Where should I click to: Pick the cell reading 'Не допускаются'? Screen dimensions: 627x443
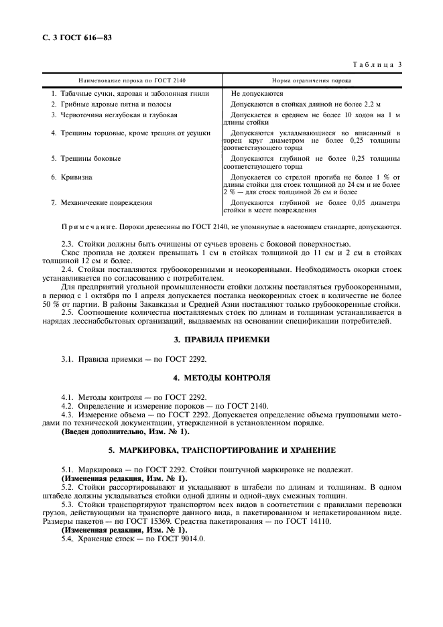tap(257, 94)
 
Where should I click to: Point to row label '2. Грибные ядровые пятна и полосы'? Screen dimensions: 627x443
tap(111, 104)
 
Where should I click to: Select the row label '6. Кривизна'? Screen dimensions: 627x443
tap(72, 178)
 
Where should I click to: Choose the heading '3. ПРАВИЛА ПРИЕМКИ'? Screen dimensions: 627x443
tap(221, 340)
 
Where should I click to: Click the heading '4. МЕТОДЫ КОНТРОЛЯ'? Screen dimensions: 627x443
tap(221, 378)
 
